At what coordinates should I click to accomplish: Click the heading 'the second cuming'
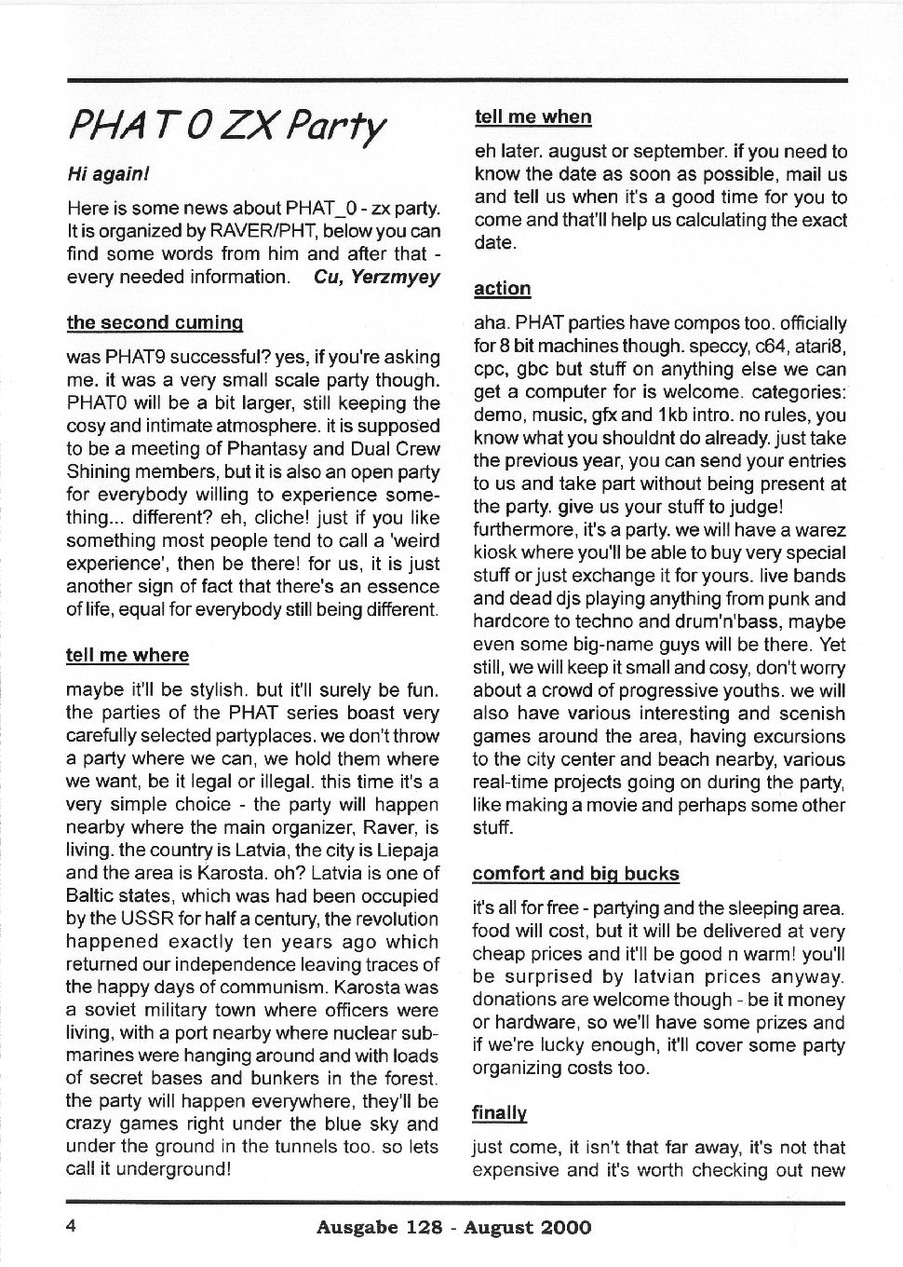point(155,322)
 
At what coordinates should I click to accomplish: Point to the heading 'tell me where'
point(128,655)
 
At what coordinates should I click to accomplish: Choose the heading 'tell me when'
point(532,116)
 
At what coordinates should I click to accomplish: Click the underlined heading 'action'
point(502,289)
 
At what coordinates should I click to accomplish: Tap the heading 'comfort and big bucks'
point(575,874)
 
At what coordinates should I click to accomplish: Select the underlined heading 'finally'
point(499,1112)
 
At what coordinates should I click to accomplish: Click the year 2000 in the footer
point(564,1227)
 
